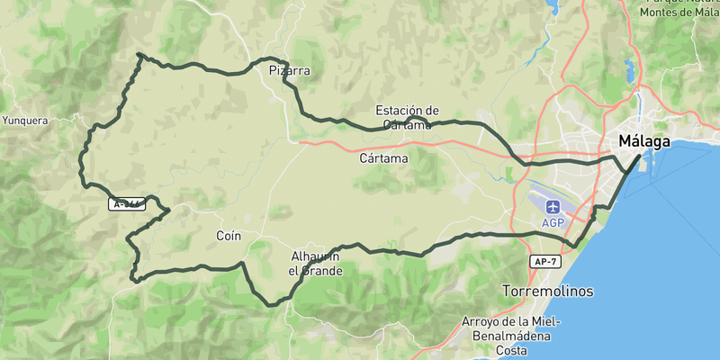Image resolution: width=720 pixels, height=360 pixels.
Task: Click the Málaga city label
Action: [644, 141]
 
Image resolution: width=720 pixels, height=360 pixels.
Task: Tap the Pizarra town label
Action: [290, 70]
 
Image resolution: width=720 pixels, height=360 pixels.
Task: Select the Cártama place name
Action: [383, 158]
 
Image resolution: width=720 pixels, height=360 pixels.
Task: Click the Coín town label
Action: [229, 236]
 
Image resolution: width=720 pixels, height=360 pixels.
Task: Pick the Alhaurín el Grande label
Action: [315, 263]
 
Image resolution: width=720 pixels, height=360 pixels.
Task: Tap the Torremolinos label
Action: [548, 292]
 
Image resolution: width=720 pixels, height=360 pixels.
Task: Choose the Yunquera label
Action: [25, 120]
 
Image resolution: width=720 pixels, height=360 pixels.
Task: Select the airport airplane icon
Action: [553, 206]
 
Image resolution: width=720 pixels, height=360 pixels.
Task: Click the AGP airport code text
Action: [553, 222]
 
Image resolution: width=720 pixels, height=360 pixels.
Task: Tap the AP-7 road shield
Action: [544, 261]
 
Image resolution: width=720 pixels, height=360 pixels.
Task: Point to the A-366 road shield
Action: [127, 204]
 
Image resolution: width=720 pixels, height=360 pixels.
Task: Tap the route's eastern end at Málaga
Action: [639, 156]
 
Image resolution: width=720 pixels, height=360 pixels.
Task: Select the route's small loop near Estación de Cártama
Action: [415, 120]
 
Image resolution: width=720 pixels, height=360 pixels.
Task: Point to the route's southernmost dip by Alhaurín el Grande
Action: [272, 305]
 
